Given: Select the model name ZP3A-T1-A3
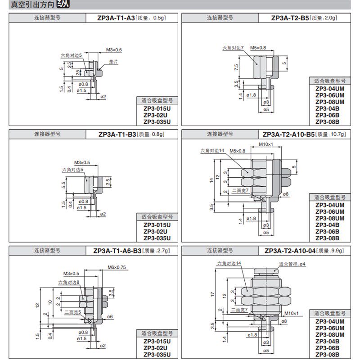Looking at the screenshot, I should pyautogui.click(x=116, y=18).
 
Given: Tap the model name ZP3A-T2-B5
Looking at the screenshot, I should pyautogui.click(x=290, y=18).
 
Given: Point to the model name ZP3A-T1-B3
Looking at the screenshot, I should pyautogui.click(x=117, y=134).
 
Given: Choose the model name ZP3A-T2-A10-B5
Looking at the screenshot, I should pyautogui.click(x=288, y=134).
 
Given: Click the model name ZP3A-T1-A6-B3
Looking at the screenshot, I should pyautogui.click(x=117, y=251).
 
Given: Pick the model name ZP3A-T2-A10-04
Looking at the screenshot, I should pyautogui.click(x=290, y=251).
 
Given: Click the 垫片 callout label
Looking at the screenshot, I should pyautogui.click(x=113, y=62).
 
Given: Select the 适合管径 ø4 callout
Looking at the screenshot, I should pyautogui.click(x=292, y=264).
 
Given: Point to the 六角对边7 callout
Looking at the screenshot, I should pyautogui.click(x=233, y=47).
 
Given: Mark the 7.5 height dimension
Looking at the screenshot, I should pyautogui.click(x=236, y=66).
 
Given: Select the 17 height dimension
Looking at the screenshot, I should pyautogui.click(x=211, y=294).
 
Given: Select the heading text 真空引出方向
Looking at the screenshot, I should pyautogui.click(x=27, y=5).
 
